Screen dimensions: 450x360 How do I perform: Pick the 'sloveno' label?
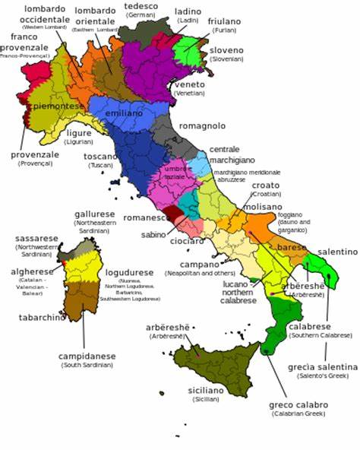click(x=227, y=51)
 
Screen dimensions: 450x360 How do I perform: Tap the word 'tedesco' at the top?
click(x=140, y=5)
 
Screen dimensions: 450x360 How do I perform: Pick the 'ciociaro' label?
click(x=186, y=241)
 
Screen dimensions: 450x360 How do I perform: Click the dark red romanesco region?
click(x=175, y=215)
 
